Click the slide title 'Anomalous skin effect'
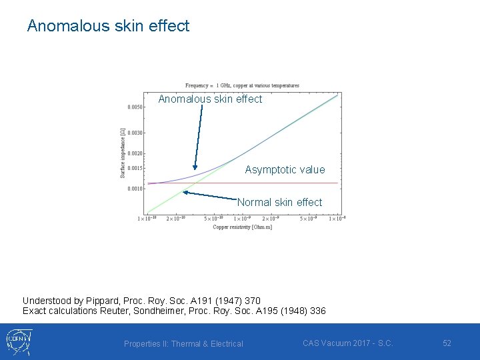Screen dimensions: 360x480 (108, 26)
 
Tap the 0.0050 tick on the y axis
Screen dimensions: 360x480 (134, 107)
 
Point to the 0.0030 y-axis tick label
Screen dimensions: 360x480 (134, 133)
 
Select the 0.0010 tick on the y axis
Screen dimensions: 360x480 (134, 189)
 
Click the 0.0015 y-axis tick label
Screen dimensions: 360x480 (134, 168)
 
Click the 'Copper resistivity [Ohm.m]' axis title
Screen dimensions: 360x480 (242, 227)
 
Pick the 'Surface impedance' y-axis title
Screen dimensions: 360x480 (123, 154)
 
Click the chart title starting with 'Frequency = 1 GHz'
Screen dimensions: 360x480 (242, 85)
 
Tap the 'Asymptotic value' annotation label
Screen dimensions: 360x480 (285, 170)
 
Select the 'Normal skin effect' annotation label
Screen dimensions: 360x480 (279, 202)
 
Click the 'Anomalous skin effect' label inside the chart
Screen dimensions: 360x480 (210, 99)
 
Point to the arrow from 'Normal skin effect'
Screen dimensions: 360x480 (209, 195)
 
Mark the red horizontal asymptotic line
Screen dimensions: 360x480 (280, 183)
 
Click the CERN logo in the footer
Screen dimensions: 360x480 (19, 341)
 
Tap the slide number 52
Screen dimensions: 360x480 (447, 343)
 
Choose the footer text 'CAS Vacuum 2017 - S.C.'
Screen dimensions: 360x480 (347, 343)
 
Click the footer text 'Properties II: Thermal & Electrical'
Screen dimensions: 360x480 (183, 344)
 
